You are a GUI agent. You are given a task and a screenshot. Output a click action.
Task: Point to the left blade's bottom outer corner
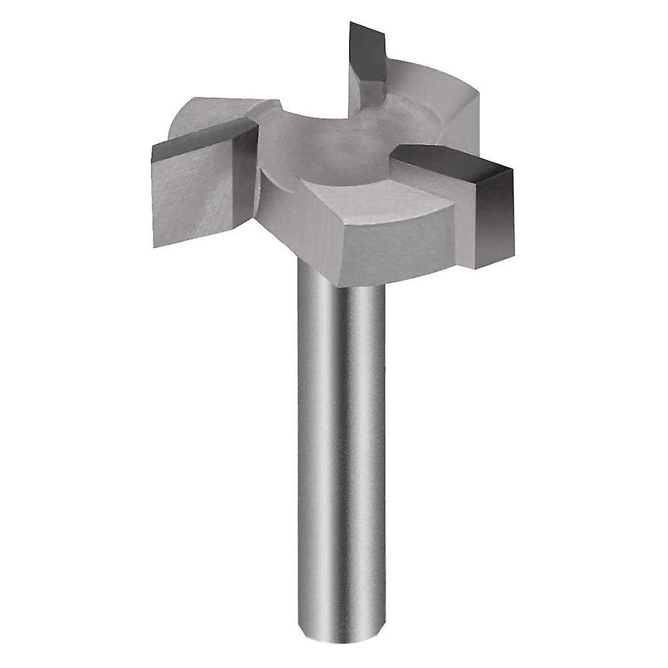coord(154,246)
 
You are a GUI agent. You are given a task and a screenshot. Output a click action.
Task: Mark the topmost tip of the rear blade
coord(351,23)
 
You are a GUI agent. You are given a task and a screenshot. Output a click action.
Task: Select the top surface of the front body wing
coord(374,207)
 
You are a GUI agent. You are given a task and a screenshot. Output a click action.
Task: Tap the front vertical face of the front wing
coord(394,254)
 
